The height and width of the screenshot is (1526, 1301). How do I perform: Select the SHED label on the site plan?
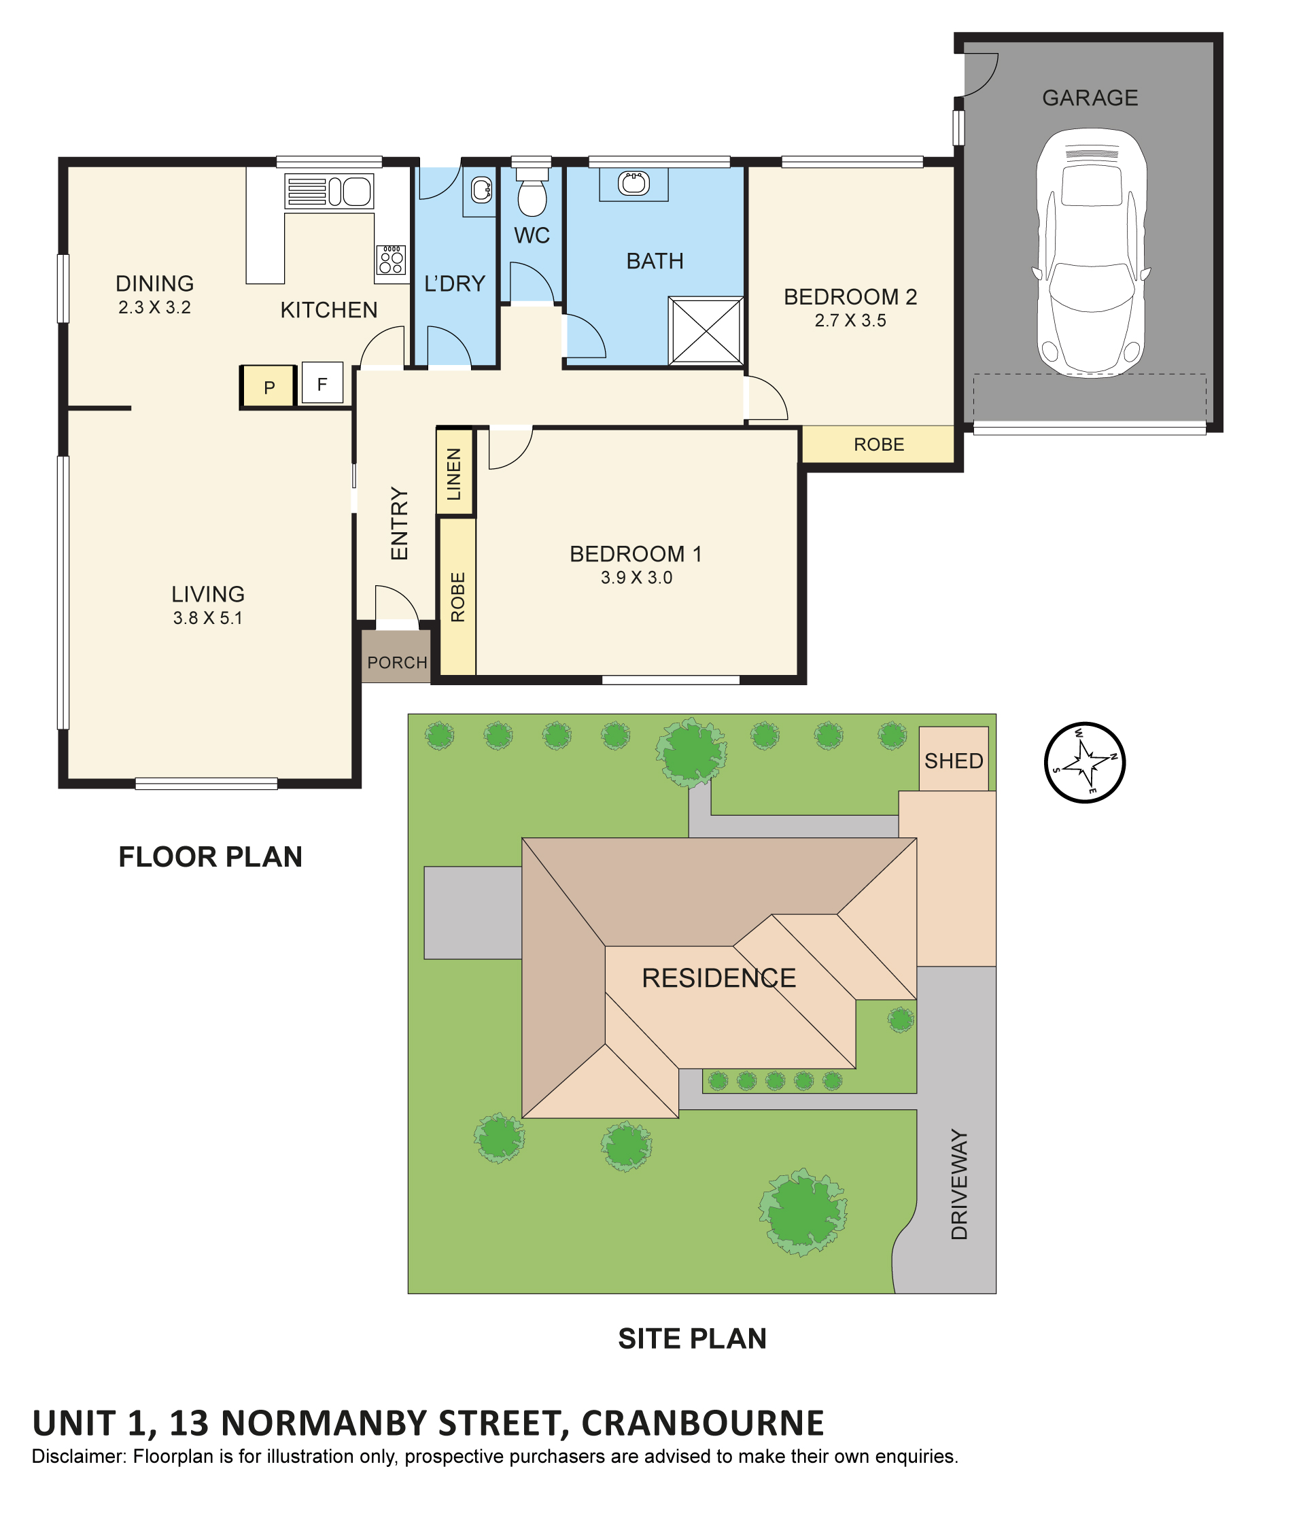(953, 761)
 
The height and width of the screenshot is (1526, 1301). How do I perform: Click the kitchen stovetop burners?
(391, 260)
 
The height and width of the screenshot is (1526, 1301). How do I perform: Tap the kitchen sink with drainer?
(328, 192)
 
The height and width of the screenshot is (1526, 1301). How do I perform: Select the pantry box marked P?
(268, 387)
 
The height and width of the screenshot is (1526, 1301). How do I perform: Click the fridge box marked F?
(322, 383)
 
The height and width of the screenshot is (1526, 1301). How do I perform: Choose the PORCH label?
(397, 662)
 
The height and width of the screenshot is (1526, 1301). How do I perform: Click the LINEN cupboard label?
(454, 474)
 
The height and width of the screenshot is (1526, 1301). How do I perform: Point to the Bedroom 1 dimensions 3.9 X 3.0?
(636, 577)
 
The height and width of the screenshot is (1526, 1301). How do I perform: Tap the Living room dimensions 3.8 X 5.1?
(207, 618)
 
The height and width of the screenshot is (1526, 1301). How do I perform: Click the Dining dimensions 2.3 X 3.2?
(154, 307)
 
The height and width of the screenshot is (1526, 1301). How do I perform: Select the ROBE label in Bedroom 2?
(878, 444)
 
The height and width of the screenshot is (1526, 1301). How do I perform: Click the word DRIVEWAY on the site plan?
(958, 1184)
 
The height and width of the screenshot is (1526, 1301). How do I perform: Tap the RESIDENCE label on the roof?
(718, 978)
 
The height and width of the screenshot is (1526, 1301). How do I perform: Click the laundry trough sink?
(481, 191)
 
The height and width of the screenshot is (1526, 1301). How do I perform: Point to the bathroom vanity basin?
(634, 183)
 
